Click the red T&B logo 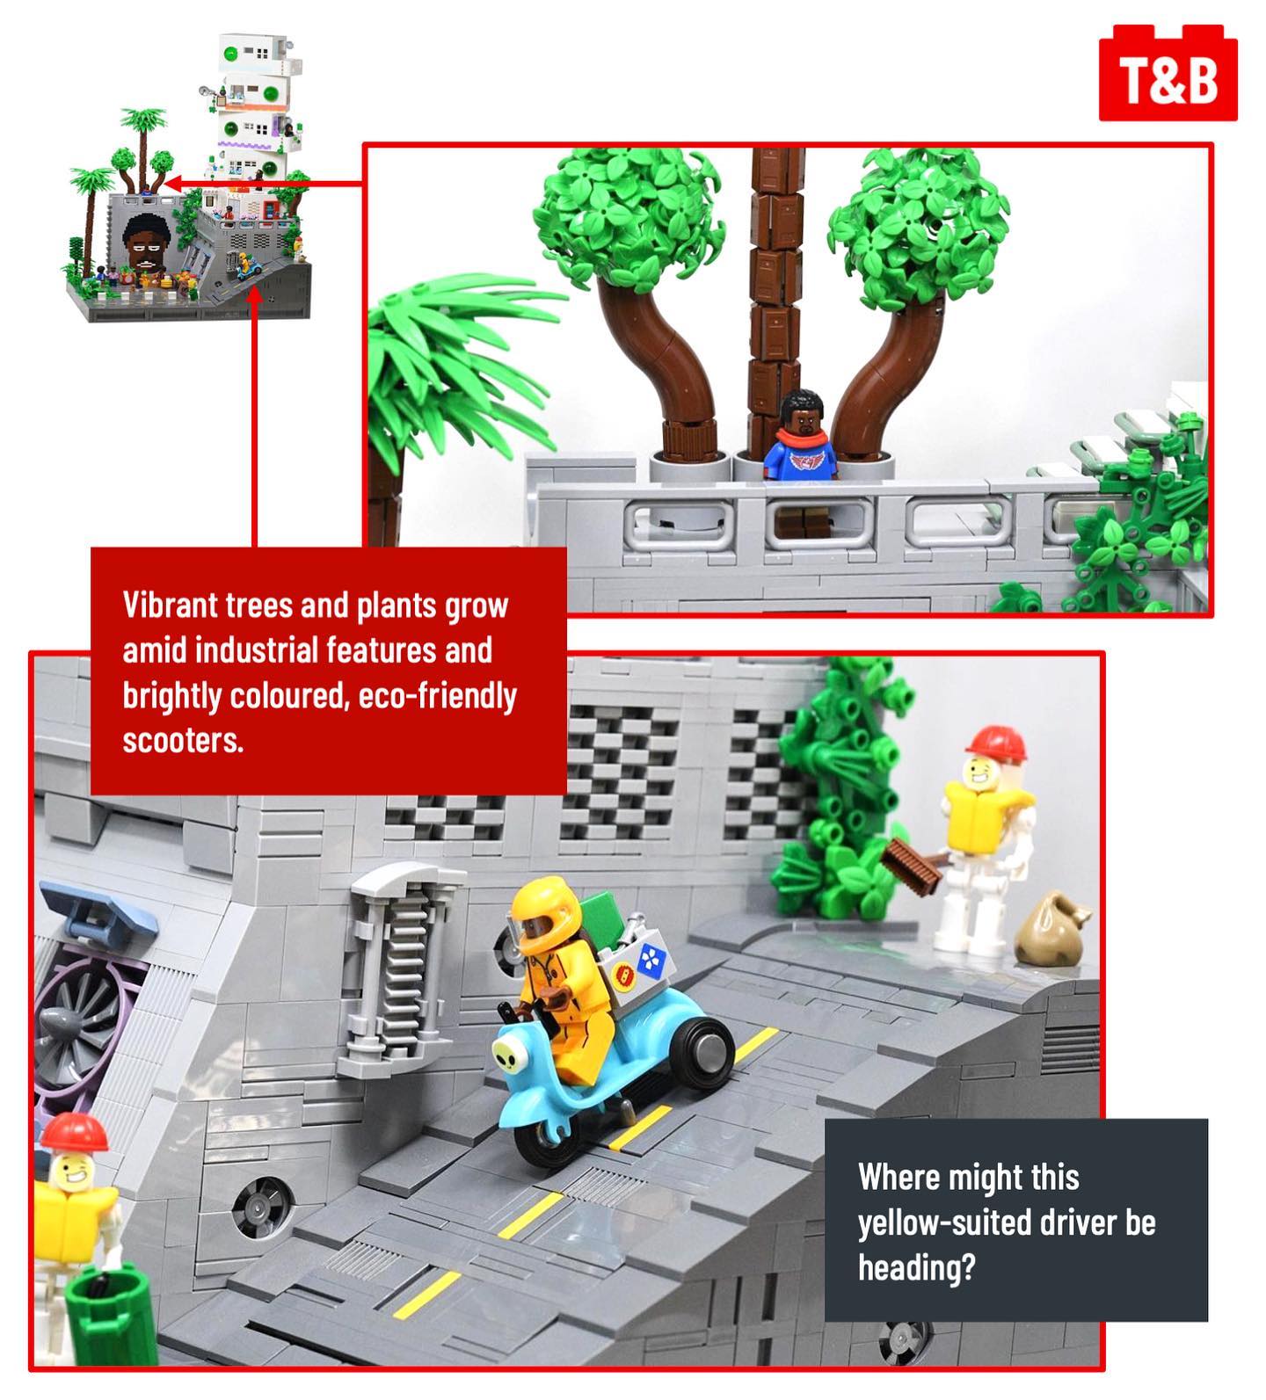(1168, 73)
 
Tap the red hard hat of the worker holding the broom (996, 744)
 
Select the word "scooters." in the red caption (183, 741)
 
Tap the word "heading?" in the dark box (917, 1268)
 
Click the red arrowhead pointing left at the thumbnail (173, 184)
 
